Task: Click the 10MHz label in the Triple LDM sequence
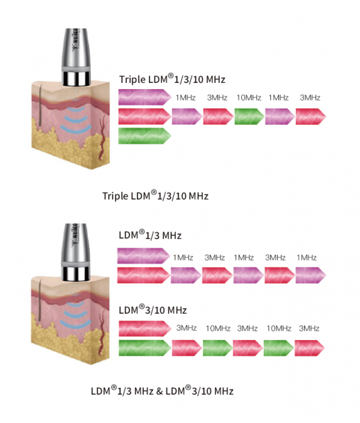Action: tap(249, 97)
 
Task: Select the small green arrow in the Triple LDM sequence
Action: tap(249, 117)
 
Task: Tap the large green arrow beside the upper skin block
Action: tap(144, 136)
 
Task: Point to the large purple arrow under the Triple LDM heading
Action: tap(144, 97)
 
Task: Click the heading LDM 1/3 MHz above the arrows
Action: tap(150, 234)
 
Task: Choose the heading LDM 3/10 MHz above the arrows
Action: tap(152, 310)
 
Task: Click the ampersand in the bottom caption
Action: tap(159, 391)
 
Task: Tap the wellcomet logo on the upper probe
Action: tap(76, 40)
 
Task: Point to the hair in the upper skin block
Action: tap(40, 105)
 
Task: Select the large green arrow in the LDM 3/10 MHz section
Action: tap(144, 347)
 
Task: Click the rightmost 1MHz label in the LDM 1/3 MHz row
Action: tap(307, 258)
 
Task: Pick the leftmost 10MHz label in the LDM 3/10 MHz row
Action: tap(218, 329)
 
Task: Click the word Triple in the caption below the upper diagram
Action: tap(115, 196)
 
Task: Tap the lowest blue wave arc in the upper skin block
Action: tap(76, 130)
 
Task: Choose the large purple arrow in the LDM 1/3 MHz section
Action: tap(144, 256)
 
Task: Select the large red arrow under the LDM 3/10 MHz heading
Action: tap(145, 329)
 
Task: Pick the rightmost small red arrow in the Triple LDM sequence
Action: tap(311, 117)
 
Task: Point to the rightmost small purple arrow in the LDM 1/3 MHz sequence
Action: tap(311, 275)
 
